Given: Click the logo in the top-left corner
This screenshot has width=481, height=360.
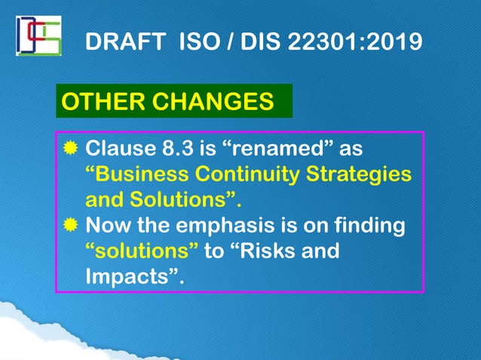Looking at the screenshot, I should coord(38,35).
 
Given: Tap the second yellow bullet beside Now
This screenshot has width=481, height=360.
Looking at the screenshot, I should coord(70,225).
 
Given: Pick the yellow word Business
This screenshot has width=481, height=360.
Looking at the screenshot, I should coord(140,174).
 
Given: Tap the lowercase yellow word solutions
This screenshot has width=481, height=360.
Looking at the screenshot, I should coord(142,251).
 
